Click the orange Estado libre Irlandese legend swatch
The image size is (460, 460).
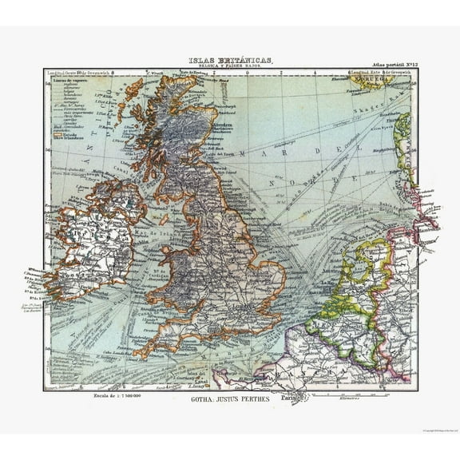pos(57,137)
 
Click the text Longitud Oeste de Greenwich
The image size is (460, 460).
pos(80,73)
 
